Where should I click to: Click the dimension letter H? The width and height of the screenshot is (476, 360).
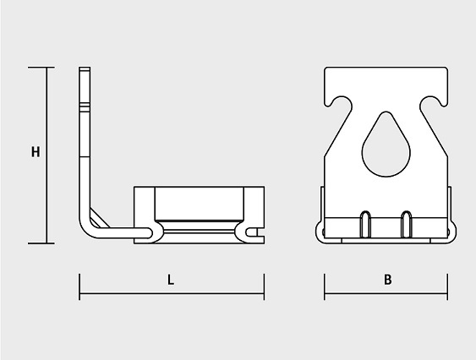[x=36, y=152]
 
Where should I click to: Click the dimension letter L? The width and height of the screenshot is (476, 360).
[x=171, y=280]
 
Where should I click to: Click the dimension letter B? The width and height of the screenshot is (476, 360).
[x=388, y=280]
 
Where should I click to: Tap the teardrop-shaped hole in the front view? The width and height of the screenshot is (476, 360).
[x=386, y=145]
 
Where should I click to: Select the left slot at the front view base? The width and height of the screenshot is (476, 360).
[x=365, y=224]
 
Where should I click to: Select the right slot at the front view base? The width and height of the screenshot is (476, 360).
[x=407, y=224]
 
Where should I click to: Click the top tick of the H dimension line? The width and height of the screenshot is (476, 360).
[x=41, y=68]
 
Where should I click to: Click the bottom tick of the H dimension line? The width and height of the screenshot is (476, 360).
[x=41, y=243]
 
